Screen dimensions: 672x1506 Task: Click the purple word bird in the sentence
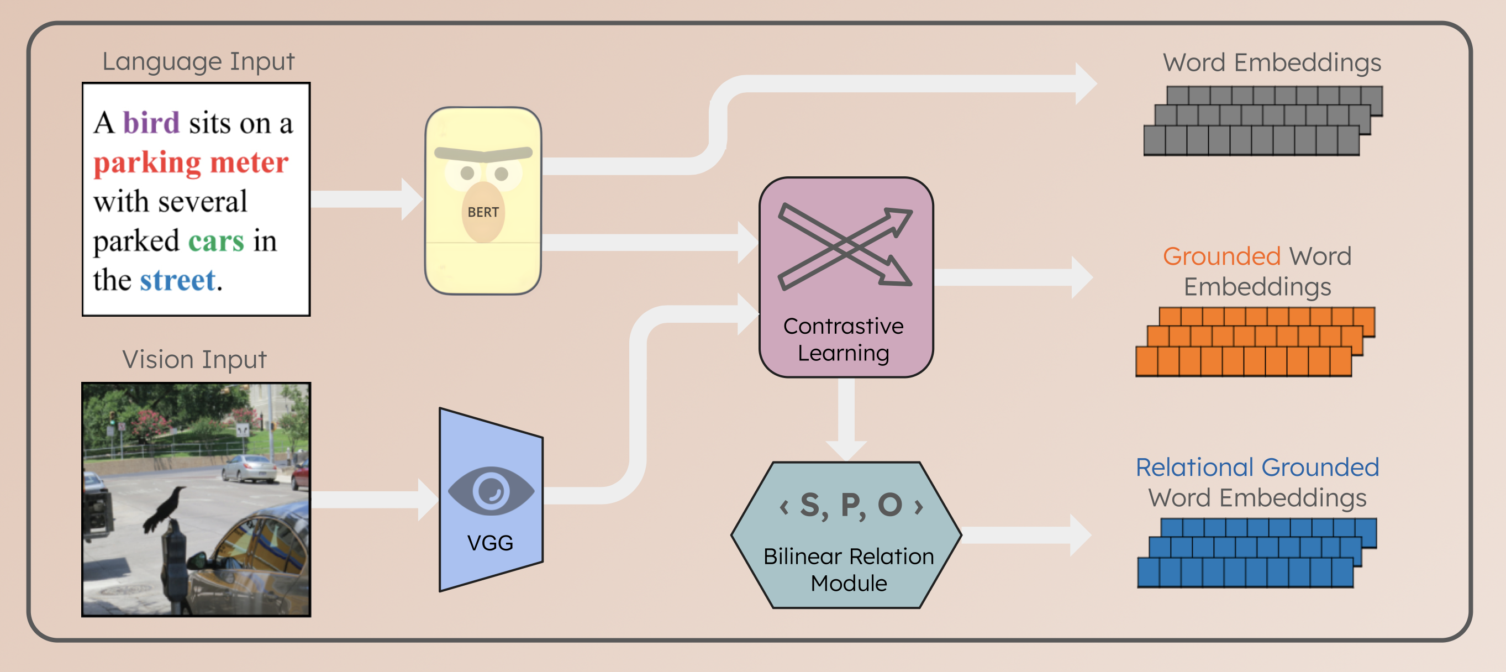point(151,123)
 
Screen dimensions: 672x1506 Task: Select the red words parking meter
point(191,162)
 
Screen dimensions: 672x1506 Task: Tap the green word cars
point(215,241)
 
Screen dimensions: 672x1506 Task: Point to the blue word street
point(178,280)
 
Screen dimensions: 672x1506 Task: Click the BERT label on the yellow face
point(483,212)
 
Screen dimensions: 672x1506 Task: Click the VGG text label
point(490,543)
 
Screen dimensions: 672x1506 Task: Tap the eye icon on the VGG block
point(491,491)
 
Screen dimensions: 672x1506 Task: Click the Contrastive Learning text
point(843,340)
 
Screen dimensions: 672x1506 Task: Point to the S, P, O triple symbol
point(851,505)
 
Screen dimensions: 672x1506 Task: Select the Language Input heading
point(198,61)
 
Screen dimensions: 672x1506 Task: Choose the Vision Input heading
point(194,359)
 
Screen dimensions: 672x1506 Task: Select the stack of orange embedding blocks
point(1255,342)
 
